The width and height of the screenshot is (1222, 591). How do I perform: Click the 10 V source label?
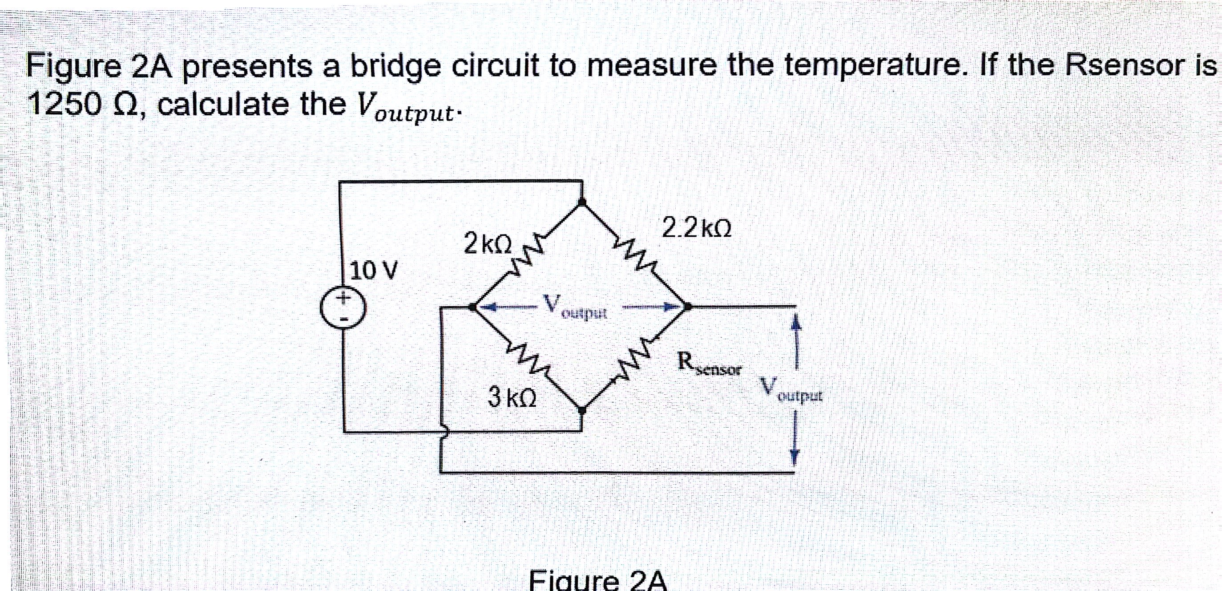tap(374, 271)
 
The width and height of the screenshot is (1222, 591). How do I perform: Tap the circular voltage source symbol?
tap(343, 308)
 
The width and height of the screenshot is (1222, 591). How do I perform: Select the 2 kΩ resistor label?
tap(488, 243)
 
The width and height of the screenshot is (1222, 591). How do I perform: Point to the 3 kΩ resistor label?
tap(512, 397)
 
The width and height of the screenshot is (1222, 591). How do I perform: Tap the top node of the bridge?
tap(583, 202)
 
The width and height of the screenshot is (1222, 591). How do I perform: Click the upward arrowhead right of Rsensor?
tap(797, 323)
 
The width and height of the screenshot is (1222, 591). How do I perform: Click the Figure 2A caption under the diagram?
tap(598, 580)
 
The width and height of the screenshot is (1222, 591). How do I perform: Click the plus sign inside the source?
tap(343, 298)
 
